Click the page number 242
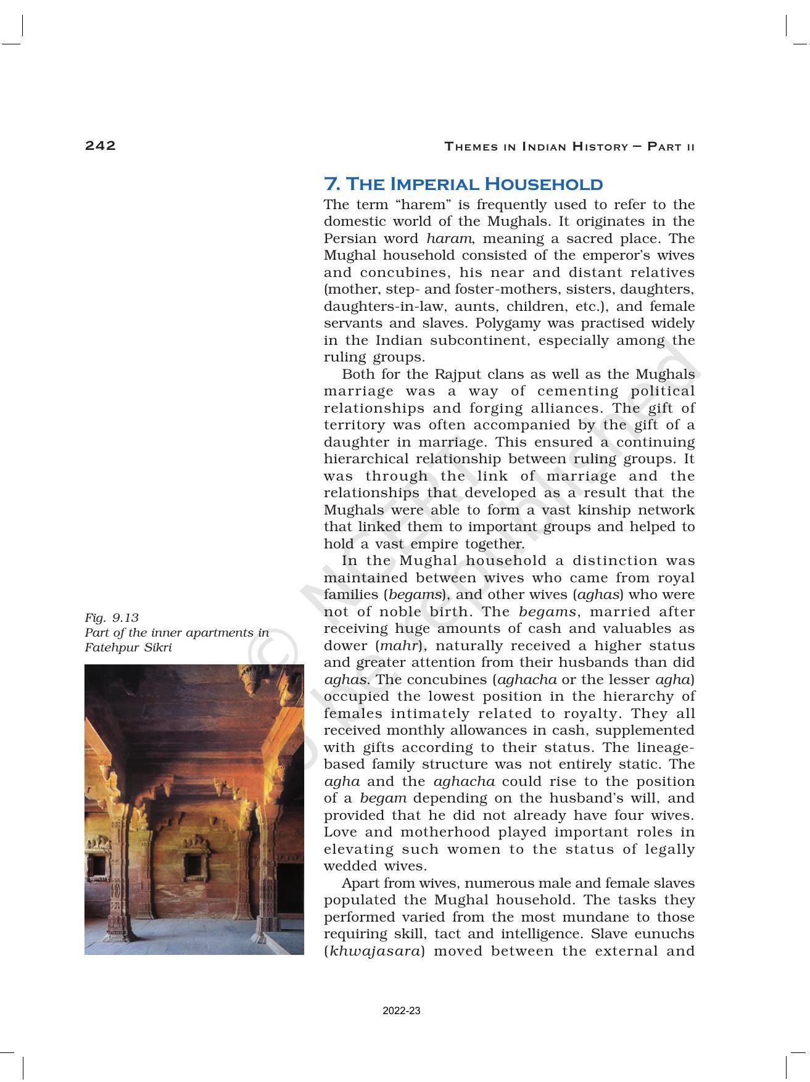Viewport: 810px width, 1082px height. click(x=100, y=146)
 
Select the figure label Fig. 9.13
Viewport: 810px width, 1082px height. click(x=112, y=617)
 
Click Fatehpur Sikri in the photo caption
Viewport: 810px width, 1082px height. click(x=128, y=648)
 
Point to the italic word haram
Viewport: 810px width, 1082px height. click(x=448, y=239)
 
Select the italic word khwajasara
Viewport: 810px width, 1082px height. click(x=375, y=951)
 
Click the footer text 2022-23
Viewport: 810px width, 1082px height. click(x=401, y=1011)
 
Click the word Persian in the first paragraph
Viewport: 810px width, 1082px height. click(x=347, y=239)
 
